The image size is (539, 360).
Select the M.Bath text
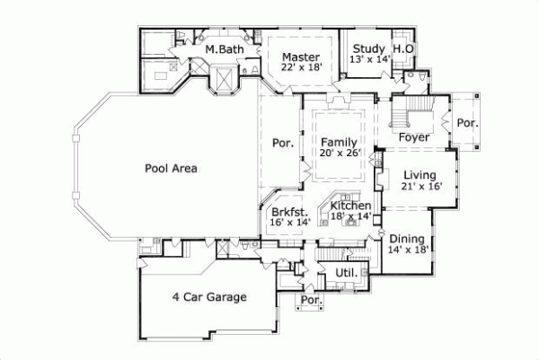click(x=221, y=48)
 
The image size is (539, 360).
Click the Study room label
click(x=368, y=48)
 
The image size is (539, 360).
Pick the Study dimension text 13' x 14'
click(x=368, y=59)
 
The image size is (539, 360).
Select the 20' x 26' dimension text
click(x=339, y=154)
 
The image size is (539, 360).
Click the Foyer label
click(x=414, y=137)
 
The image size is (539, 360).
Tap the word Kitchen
click(x=350, y=206)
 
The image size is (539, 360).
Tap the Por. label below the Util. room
click(x=311, y=300)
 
